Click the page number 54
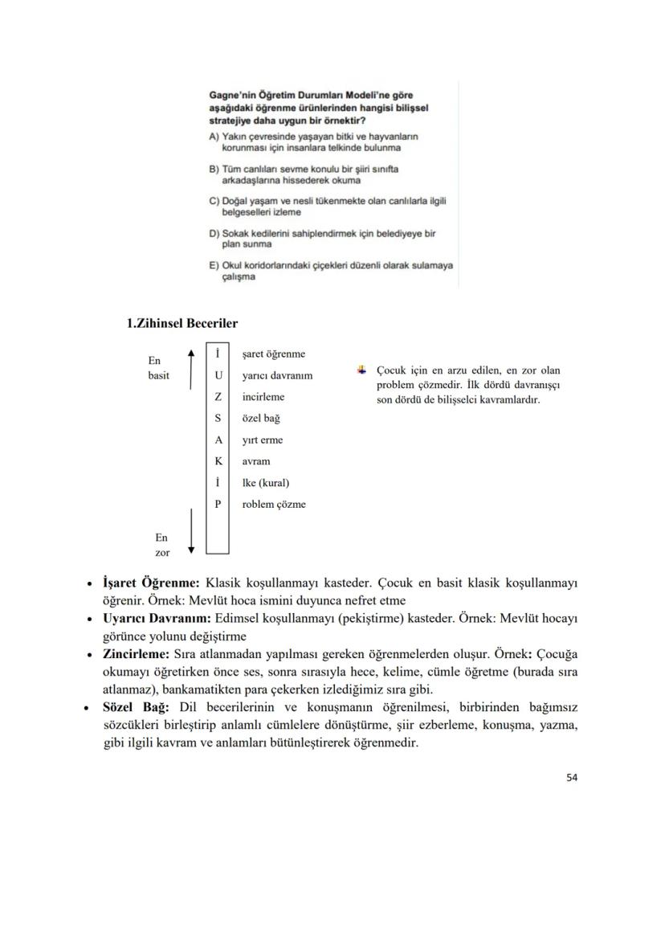[x=572, y=777]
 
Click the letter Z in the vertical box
[x=218, y=397]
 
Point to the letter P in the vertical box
[x=218, y=505]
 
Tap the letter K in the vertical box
[x=218, y=461]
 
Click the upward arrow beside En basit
[x=191, y=370]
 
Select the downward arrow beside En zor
[x=191, y=530]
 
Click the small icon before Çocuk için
[x=362, y=370]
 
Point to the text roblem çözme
[x=274, y=505]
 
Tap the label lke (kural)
[x=265, y=483]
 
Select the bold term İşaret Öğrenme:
[x=151, y=581]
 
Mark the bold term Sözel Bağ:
[x=136, y=707]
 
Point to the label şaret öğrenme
[x=273, y=354]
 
